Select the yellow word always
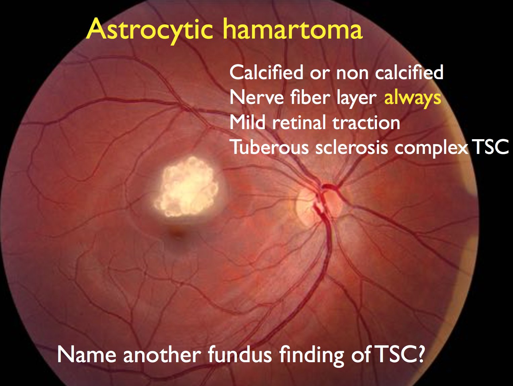pos(413,98)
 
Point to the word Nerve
pos(255,98)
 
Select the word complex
pos(431,148)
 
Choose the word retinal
pos(299,122)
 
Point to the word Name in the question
pos(87,355)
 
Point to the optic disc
pos(321,203)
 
